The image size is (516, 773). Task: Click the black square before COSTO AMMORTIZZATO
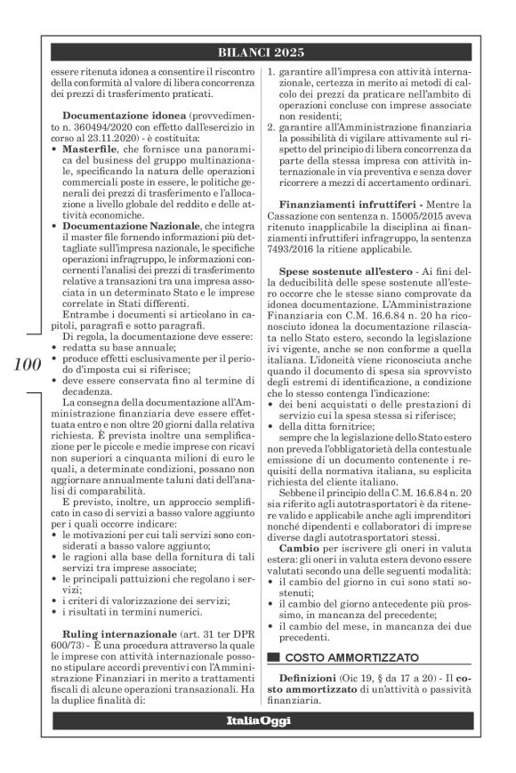coord(273,658)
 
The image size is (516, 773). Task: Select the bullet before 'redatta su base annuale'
coord(55,351)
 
